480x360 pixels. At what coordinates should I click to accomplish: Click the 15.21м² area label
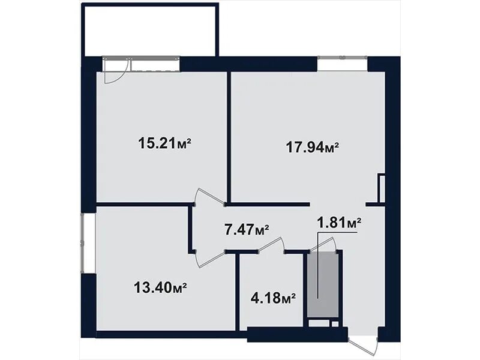point(165,143)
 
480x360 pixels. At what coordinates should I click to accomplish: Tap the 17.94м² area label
point(313,148)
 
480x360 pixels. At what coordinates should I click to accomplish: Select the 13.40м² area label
point(160,287)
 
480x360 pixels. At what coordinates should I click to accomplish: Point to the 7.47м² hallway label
point(247,229)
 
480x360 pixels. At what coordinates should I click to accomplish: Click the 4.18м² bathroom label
point(273,297)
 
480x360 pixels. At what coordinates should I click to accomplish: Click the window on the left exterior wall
point(82,242)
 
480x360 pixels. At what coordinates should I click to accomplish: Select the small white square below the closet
point(335,324)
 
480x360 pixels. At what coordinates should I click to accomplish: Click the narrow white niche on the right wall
point(382,188)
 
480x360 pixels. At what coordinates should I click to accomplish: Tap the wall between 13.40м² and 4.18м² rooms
point(237,292)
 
